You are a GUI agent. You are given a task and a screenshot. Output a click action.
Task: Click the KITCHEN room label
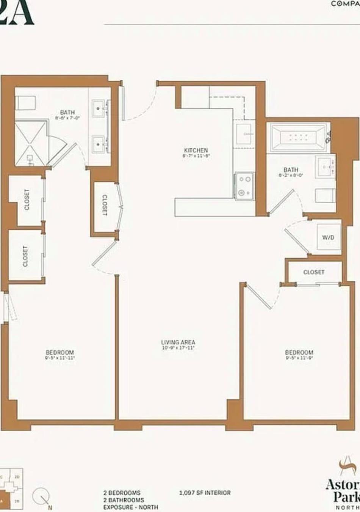click(x=196, y=150)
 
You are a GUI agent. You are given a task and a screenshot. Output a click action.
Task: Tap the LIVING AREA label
click(x=178, y=342)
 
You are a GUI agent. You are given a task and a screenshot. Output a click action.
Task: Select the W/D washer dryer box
click(x=328, y=238)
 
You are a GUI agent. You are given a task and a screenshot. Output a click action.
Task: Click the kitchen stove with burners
click(x=244, y=185)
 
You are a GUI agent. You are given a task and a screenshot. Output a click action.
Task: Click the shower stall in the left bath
click(x=31, y=144)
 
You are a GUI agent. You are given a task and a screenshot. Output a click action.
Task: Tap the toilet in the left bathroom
click(x=25, y=102)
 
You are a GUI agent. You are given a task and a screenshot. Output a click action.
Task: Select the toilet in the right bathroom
click(x=325, y=195)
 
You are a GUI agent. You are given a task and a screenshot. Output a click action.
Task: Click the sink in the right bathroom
click(x=325, y=166)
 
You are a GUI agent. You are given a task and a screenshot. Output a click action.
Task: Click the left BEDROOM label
click(x=60, y=352)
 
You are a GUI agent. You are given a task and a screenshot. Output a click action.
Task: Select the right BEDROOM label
click(x=299, y=352)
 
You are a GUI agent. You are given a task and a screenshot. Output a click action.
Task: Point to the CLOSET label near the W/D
click(x=314, y=272)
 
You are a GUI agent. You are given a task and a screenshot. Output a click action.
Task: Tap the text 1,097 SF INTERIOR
click(x=205, y=493)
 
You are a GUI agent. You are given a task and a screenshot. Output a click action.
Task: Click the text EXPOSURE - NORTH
click(x=130, y=507)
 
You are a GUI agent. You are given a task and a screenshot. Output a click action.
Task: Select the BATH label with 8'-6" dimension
click(x=67, y=112)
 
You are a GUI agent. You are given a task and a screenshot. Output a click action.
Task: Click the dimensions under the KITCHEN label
click(x=196, y=156)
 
